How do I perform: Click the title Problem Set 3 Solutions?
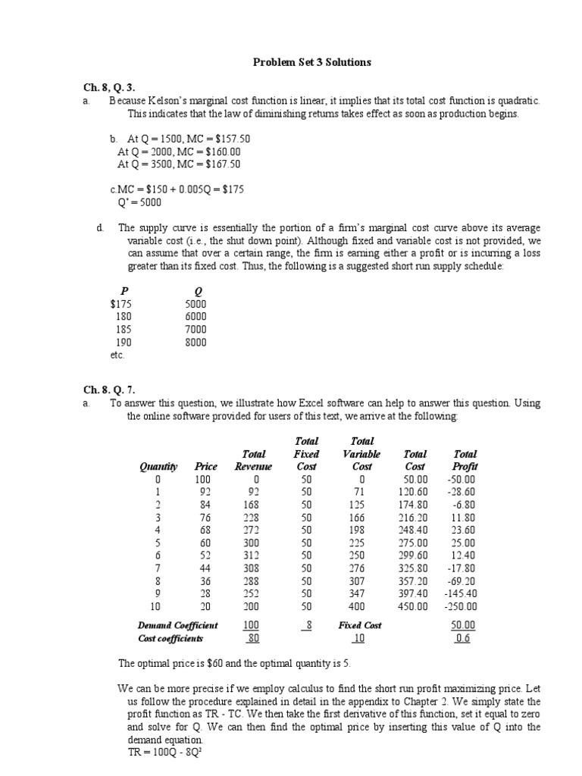311,62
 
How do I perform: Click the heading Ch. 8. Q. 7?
109,390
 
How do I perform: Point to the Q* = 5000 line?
139,202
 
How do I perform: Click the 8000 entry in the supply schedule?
195,343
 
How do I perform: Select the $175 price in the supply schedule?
120,304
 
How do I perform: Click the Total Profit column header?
463,460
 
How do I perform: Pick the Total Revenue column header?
253,460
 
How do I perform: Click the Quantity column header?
158,467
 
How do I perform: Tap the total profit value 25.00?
463,543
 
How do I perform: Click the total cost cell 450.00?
413,607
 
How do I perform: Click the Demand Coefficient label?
177,626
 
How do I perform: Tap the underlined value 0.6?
462,639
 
